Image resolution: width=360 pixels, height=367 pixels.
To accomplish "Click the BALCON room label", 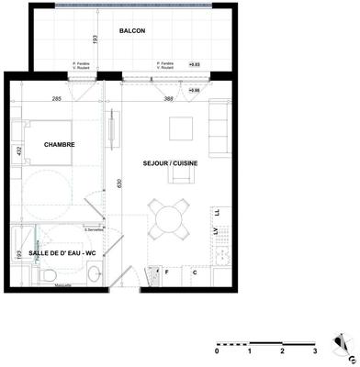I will pos(132,31).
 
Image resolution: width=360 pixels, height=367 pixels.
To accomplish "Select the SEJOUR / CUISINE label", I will pos(171,163).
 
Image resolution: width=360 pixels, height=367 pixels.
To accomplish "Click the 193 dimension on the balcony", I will pos(94,39).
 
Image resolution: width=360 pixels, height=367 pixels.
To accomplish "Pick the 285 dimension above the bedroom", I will pos(57,98).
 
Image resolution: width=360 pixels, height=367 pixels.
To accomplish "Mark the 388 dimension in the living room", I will pos(169,98).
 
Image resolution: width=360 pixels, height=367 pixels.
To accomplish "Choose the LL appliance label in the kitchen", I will pos(216,212).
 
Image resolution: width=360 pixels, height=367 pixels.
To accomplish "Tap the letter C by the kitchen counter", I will pos(195,272).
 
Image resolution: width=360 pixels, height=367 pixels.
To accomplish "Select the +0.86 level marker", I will pos(193,91).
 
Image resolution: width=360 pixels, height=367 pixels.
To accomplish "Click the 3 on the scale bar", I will pos(314,351).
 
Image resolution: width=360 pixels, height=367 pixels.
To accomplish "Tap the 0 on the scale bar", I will pos(217,351).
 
